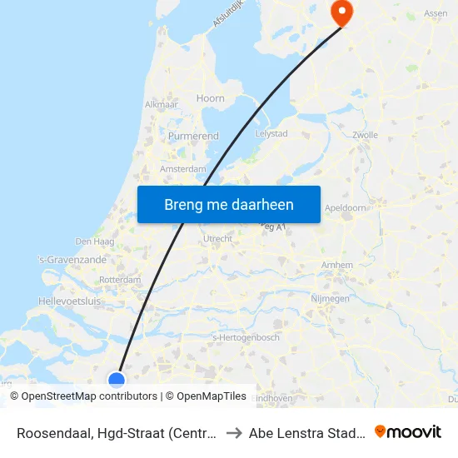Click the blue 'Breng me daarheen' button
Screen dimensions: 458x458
point(228,204)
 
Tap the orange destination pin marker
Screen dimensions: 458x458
point(341,12)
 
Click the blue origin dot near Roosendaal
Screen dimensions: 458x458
point(117,380)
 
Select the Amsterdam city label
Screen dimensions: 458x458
point(182,168)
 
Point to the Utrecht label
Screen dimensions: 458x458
point(218,239)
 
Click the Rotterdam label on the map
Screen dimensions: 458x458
point(120,280)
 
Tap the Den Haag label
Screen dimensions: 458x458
point(93,241)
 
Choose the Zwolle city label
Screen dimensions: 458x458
point(365,134)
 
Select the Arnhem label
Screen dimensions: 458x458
point(337,265)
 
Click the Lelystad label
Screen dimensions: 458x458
point(271,132)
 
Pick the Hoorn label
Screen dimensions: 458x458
point(210,98)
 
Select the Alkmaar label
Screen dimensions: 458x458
point(161,105)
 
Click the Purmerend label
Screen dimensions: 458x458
point(193,136)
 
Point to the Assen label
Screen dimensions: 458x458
point(436,13)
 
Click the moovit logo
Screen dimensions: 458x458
point(408,432)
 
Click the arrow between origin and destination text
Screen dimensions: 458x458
point(234,433)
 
